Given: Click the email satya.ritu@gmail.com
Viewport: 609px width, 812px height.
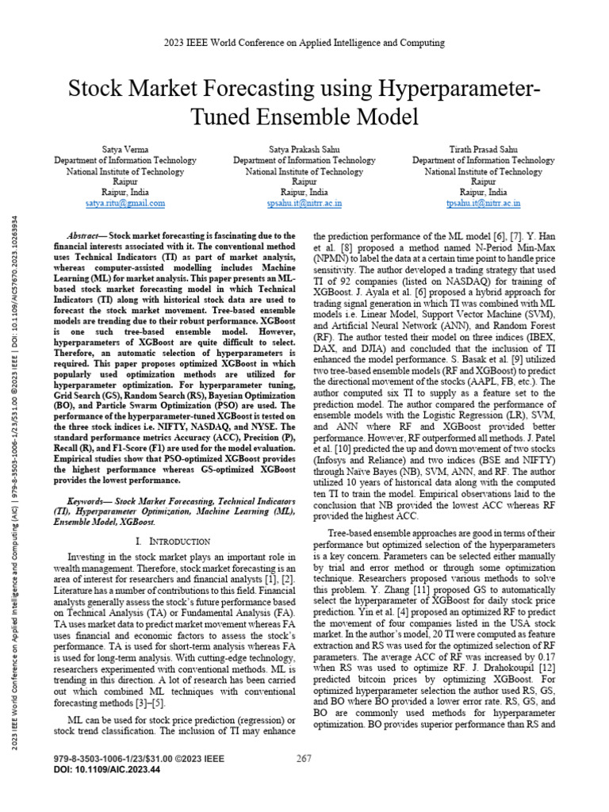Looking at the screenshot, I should pyautogui.click(x=124, y=203).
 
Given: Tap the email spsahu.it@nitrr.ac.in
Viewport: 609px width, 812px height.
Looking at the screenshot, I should pyautogui.click(x=304, y=203).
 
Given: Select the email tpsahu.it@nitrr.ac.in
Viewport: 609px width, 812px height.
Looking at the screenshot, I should pyautogui.click(x=483, y=203).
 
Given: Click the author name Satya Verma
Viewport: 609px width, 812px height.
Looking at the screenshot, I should pyautogui.click(x=124, y=149).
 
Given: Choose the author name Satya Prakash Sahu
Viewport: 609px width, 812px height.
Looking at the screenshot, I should pyautogui.click(x=304, y=149).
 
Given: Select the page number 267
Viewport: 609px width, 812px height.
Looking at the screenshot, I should pyautogui.click(x=304, y=759).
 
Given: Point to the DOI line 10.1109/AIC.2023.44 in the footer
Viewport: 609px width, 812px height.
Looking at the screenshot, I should pyautogui.click(x=105, y=769).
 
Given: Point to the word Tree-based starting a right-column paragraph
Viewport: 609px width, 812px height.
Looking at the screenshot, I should pyautogui.click(x=350, y=535).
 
